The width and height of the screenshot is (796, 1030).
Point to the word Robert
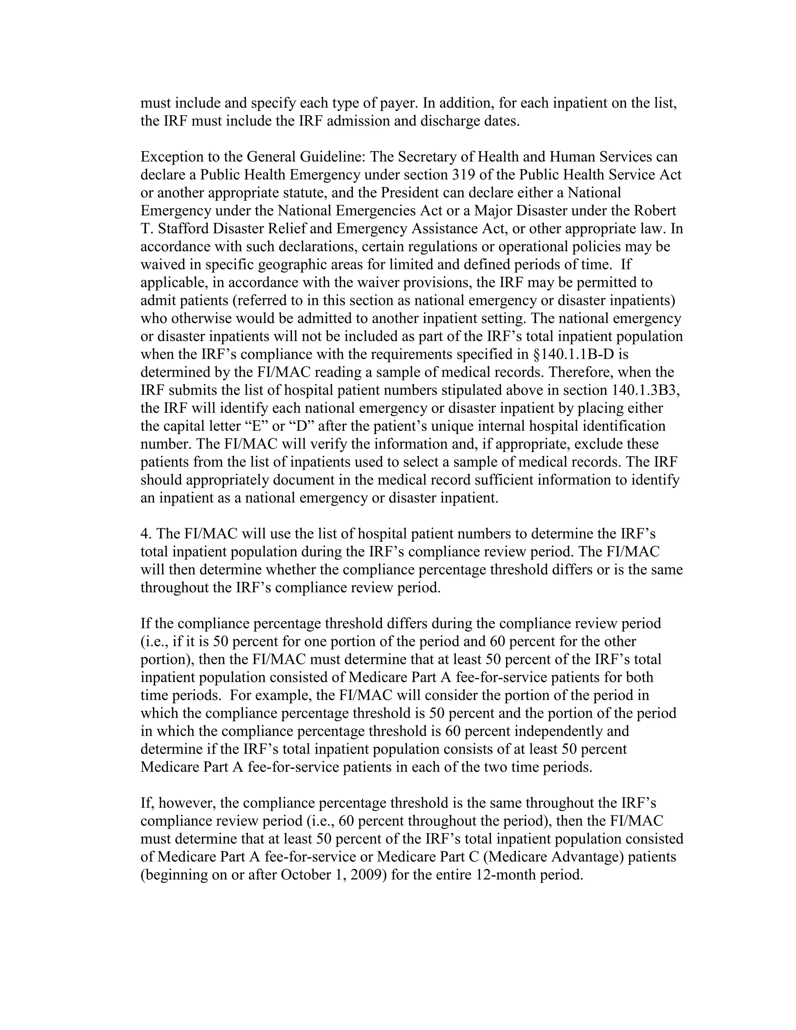(656, 211)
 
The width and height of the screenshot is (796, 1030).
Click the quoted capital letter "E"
(255, 426)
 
